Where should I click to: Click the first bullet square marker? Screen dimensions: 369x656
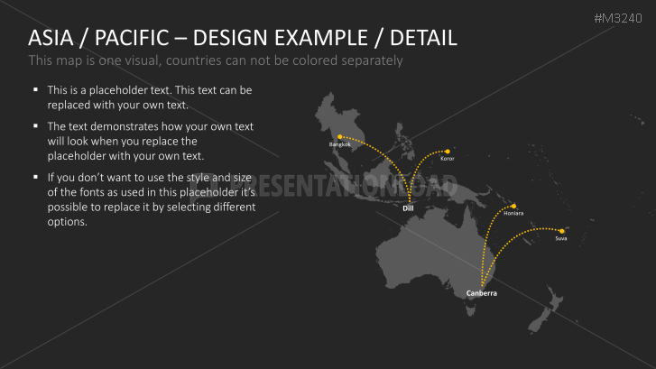coord(35,90)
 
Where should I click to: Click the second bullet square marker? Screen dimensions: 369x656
coord(35,125)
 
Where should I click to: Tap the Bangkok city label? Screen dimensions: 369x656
coord(339,144)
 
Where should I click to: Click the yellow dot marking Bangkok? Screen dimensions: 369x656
coord(339,137)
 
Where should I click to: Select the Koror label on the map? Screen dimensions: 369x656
coord(447,158)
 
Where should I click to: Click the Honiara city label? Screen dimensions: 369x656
coord(513,213)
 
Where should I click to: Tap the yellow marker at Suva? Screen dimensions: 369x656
coord(561,231)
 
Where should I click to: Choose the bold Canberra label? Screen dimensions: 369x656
coord(481,294)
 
